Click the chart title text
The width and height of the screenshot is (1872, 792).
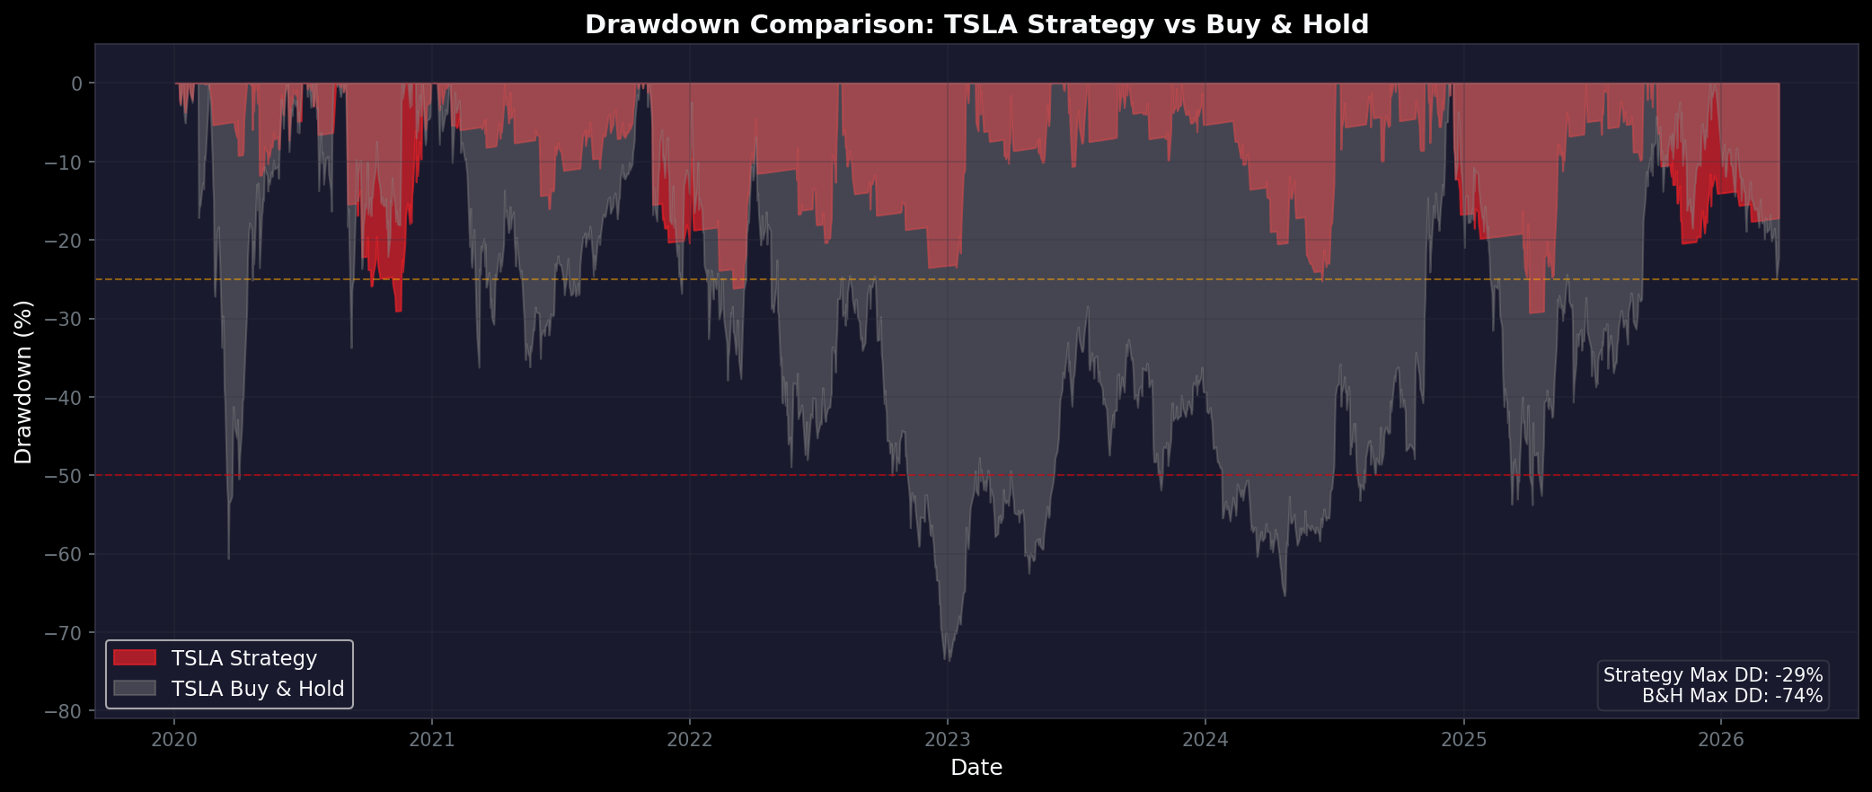pyautogui.click(x=976, y=24)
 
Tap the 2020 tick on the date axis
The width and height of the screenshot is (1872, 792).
pyautogui.click(x=174, y=740)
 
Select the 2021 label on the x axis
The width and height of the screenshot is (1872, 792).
pyautogui.click(x=432, y=740)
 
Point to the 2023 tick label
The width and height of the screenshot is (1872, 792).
pyautogui.click(x=947, y=740)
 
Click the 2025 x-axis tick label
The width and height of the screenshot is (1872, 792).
pyautogui.click(x=1463, y=740)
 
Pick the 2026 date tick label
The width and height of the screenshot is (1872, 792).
pyautogui.click(x=1721, y=740)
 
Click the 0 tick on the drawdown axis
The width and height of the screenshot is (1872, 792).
pyautogui.click(x=77, y=84)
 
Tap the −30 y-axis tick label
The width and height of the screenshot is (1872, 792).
pyautogui.click(x=64, y=319)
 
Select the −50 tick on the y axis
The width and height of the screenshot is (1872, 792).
pyautogui.click(x=64, y=476)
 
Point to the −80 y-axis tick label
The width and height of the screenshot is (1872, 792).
pyautogui.click(x=64, y=711)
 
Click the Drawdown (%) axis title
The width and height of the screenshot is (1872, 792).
pyautogui.click(x=23, y=382)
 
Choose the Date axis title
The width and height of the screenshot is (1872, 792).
pyautogui.click(x=976, y=768)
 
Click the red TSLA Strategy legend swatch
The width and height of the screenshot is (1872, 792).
pyautogui.click(x=135, y=658)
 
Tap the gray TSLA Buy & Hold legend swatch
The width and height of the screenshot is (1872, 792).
pyautogui.click(x=135, y=689)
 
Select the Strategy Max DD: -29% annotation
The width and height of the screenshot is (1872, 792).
pyautogui.click(x=1713, y=675)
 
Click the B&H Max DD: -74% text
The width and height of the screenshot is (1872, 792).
pyautogui.click(x=1732, y=696)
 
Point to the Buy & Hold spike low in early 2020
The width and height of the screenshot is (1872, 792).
pyautogui.click(x=228, y=559)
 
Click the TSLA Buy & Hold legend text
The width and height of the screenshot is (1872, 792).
pyautogui.click(x=258, y=689)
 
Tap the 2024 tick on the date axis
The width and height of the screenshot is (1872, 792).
pyautogui.click(x=1205, y=740)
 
